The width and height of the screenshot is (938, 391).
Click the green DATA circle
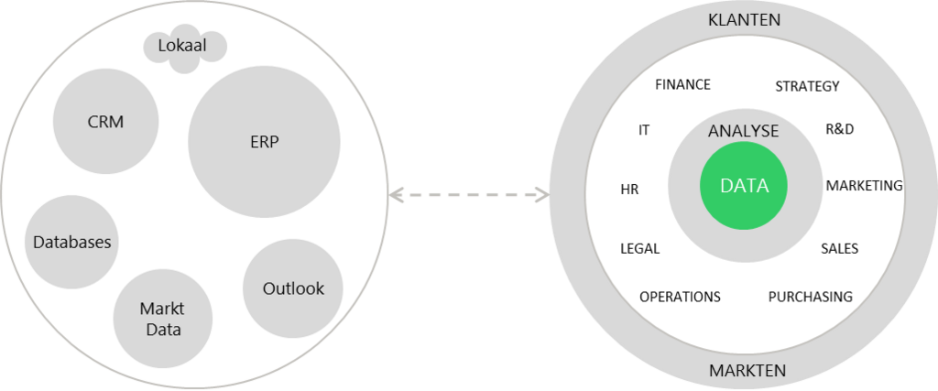(x=744, y=186)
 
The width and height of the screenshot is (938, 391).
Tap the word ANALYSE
(x=743, y=131)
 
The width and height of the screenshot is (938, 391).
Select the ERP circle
(x=264, y=142)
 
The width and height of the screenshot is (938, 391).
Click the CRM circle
(x=105, y=122)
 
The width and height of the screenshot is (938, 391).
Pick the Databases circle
(x=71, y=243)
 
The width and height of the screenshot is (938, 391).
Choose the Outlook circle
(x=293, y=288)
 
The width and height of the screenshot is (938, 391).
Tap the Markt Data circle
(x=161, y=319)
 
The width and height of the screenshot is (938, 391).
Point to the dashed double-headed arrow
(x=468, y=195)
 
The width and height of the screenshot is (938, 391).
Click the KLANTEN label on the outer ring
(x=744, y=20)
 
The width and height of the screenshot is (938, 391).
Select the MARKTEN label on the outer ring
(x=747, y=371)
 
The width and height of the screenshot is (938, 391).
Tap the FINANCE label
(x=682, y=84)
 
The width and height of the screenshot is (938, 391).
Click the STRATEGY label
(x=807, y=86)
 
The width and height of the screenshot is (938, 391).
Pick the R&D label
(x=839, y=129)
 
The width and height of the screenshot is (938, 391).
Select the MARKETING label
(x=864, y=185)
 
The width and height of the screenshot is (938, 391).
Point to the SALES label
(x=839, y=248)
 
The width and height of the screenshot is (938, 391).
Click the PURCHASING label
(x=810, y=297)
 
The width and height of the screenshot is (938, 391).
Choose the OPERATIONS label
(x=680, y=297)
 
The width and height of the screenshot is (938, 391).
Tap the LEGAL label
(x=639, y=248)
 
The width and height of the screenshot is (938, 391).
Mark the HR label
(x=629, y=190)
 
